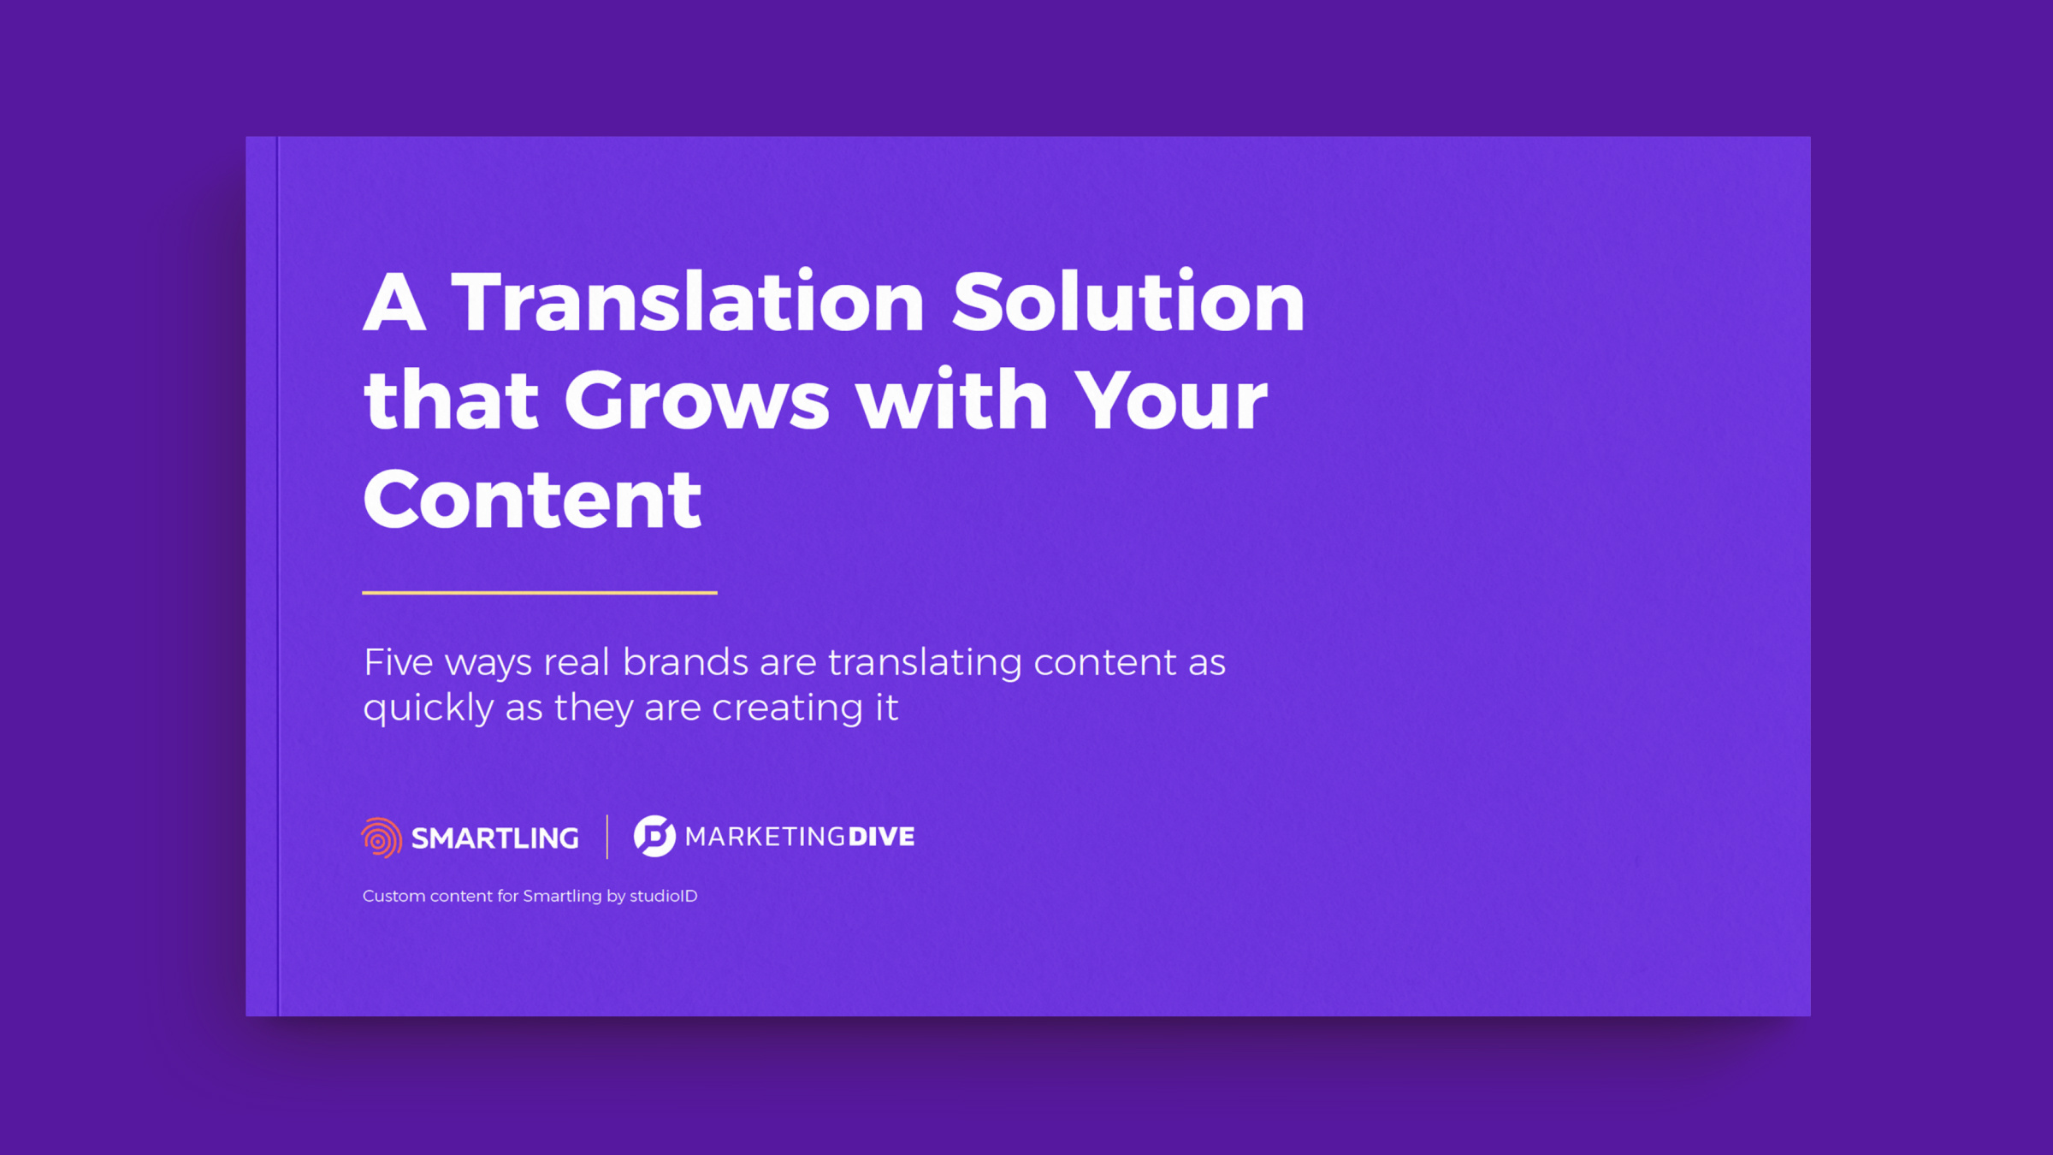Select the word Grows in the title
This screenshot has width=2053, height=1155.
(x=696, y=400)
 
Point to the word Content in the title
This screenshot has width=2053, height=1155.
(x=532, y=499)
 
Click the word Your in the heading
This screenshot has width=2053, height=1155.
(x=1170, y=400)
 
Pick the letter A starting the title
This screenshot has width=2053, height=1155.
(x=394, y=302)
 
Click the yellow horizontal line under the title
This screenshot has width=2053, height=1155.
(x=540, y=592)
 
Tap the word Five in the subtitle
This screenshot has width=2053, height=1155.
(x=399, y=662)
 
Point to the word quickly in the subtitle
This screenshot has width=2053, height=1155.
(x=429, y=709)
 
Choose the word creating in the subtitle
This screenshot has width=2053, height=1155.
(x=787, y=709)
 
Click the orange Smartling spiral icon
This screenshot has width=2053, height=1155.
(x=382, y=838)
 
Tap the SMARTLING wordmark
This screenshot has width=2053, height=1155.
(x=495, y=838)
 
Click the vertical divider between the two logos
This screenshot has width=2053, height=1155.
(x=607, y=837)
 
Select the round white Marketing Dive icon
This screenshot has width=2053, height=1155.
(x=654, y=836)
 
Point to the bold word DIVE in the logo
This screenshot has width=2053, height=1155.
(x=881, y=837)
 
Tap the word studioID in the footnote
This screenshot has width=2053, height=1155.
(x=664, y=896)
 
